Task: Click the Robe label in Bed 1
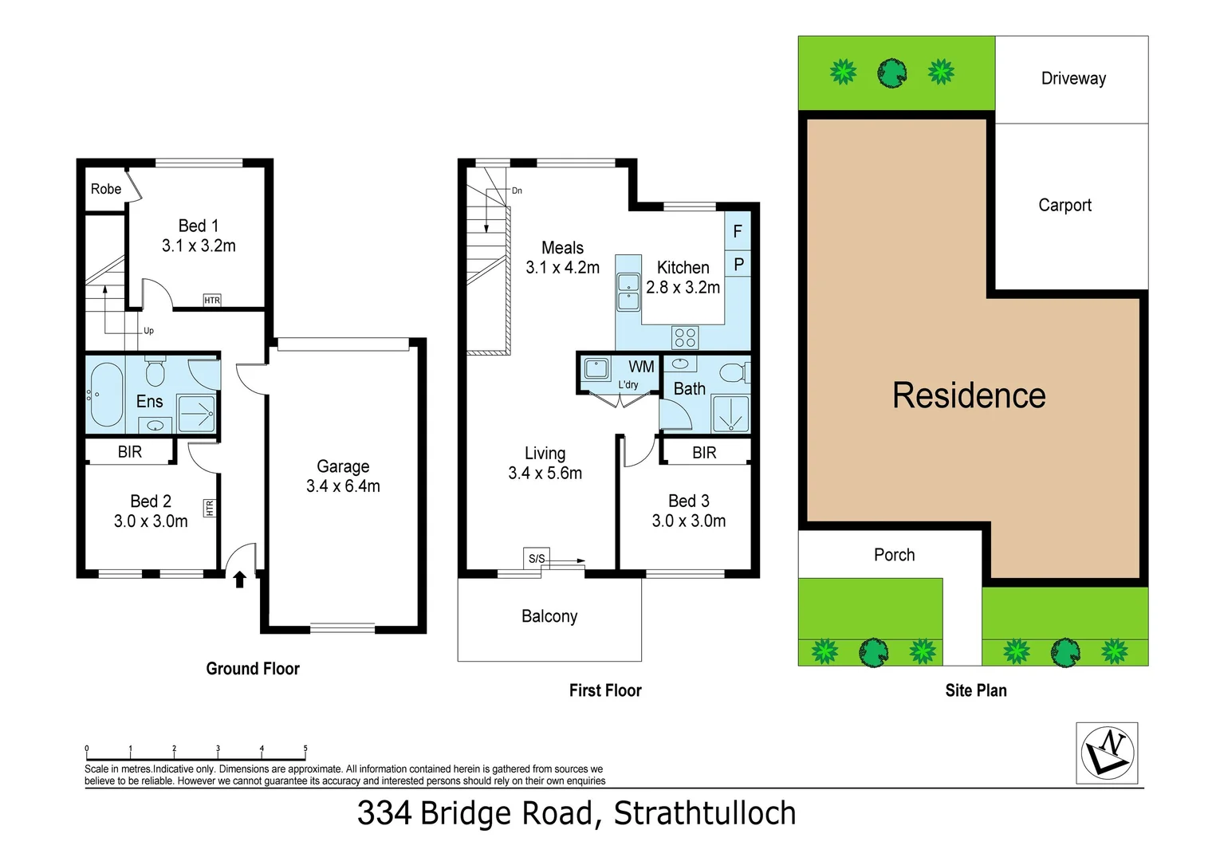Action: (x=105, y=189)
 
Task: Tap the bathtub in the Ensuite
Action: (x=105, y=395)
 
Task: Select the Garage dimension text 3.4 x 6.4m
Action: (x=343, y=486)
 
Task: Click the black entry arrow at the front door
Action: (x=239, y=580)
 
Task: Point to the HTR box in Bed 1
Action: (x=212, y=301)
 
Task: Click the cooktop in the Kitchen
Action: (x=685, y=337)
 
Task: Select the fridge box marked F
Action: (x=738, y=232)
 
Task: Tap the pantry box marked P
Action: (x=738, y=264)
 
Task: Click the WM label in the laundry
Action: (x=641, y=367)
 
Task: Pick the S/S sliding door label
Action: (x=537, y=558)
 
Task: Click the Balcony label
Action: (x=549, y=616)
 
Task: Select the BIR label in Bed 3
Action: (x=704, y=453)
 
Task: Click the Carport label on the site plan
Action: (x=1064, y=205)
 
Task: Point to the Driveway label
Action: (x=1073, y=78)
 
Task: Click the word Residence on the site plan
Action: (x=969, y=395)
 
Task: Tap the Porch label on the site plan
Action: (x=894, y=555)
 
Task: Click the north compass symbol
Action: (x=1107, y=753)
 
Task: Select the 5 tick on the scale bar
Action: (x=305, y=749)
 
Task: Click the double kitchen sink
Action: (x=628, y=292)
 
